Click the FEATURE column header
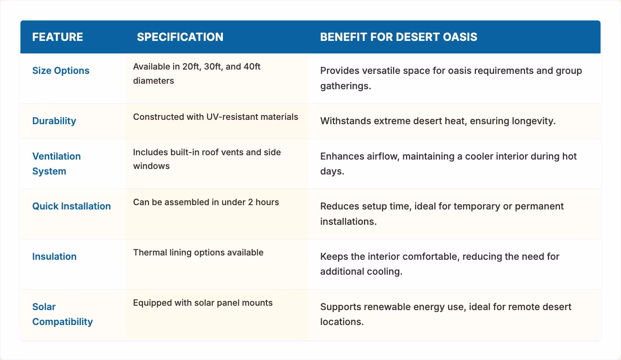pyautogui.click(x=57, y=37)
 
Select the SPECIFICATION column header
pyautogui.click(x=180, y=37)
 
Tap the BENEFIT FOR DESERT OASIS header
pyautogui.click(x=399, y=37)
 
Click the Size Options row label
pyautogui.click(x=61, y=71)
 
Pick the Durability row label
pyautogui.click(x=54, y=121)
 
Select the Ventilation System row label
pyautogui.click(x=56, y=163)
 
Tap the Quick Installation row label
pyautogui.click(x=72, y=206)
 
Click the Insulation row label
pyautogui.click(x=54, y=257)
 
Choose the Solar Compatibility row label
pyautogui.click(x=62, y=314)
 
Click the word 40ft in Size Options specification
pyautogui.click(x=252, y=67)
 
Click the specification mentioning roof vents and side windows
pyautogui.click(x=207, y=159)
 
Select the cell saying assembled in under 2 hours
pyautogui.click(x=206, y=202)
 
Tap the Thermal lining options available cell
pyautogui.click(x=198, y=253)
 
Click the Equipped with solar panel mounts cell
pyautogui.click(x=203, y=303)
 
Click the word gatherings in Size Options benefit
pyautogui.click(x=345, y=86)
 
